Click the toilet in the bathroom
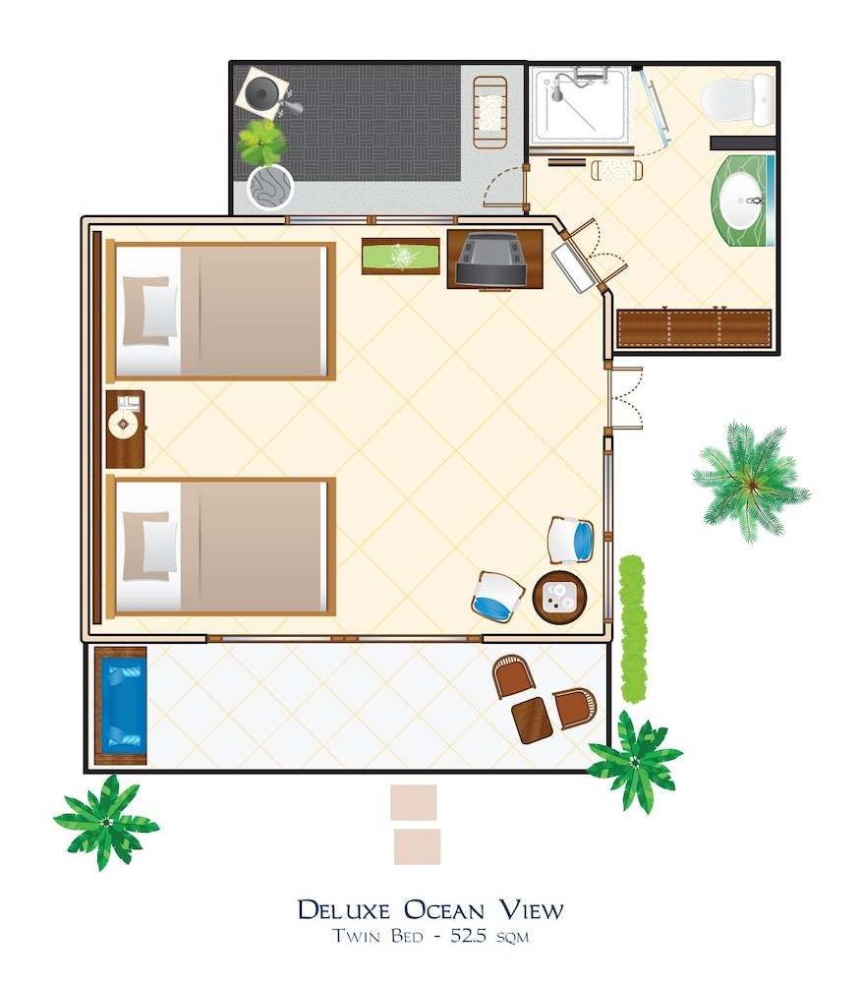pos(737,99)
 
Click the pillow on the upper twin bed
pos(149,311)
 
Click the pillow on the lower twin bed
pos(149,546)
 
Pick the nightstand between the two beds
pos(126,430)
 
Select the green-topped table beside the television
pos(401,257)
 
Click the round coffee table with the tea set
pos(559,597)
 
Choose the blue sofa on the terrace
pos(121,706)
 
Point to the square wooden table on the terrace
pos(532,721)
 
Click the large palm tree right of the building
pos(751,482)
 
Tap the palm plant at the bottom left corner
pos(106,822)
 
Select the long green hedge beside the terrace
pos(633,629)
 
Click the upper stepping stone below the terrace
pos(414,802)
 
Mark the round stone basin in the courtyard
pos(270,187)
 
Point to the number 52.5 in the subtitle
pos(468,936)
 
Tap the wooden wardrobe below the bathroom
pos(694,328)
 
